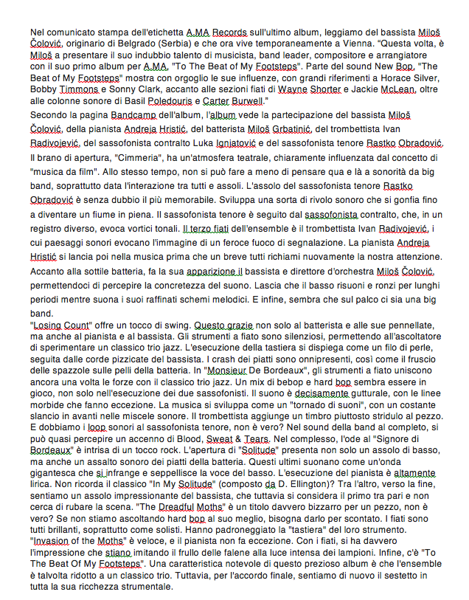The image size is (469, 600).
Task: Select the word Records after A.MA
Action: tap(227, 32)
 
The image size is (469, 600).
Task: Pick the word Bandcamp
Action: tap(133, 116)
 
